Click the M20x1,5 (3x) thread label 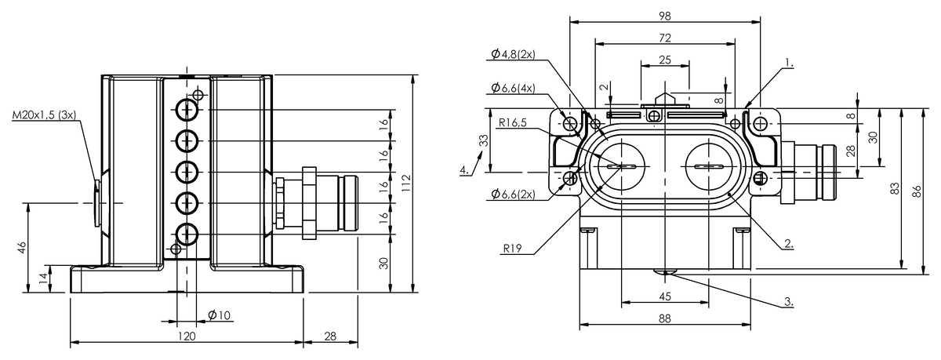(x=44, y=115)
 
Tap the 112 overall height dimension (x=406, y=183)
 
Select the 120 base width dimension (x=187, y=336)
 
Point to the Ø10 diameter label (x=220, y=315)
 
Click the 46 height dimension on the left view (x=22, y=247)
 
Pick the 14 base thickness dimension (x=44, y=278)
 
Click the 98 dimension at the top (x=665, y=16)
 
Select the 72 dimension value (x=665, y=38)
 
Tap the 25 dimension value (x=665, y=60)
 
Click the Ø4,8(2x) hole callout (x=513, y=54)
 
